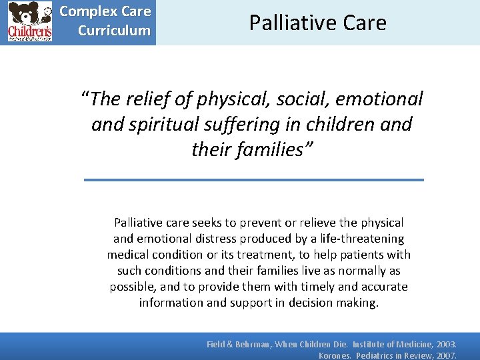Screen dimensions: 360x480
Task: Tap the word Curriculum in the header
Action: [114, 31]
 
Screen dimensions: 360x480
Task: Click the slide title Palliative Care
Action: [317, 23]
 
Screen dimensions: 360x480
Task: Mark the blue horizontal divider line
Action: [253, 179]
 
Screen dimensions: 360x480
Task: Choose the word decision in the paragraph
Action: [311, 302]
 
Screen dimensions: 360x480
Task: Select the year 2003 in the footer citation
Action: [443, 344]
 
